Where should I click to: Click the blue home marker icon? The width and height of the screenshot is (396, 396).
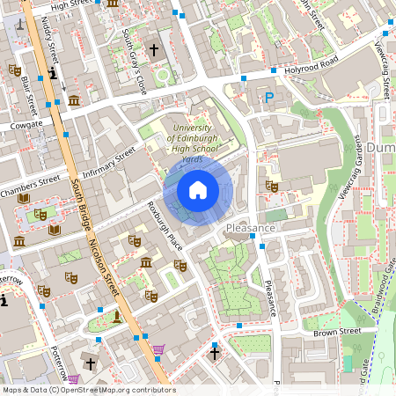pos(198,190)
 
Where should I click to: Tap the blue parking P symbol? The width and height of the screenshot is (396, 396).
pos(269,99)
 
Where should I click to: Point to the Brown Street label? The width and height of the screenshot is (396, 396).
pos(337,332)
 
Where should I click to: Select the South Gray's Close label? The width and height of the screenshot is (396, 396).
pos(135,51)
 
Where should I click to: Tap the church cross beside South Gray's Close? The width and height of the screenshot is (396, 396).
pos(155,51)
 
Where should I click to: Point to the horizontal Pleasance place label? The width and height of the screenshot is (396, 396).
pos(251,228)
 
